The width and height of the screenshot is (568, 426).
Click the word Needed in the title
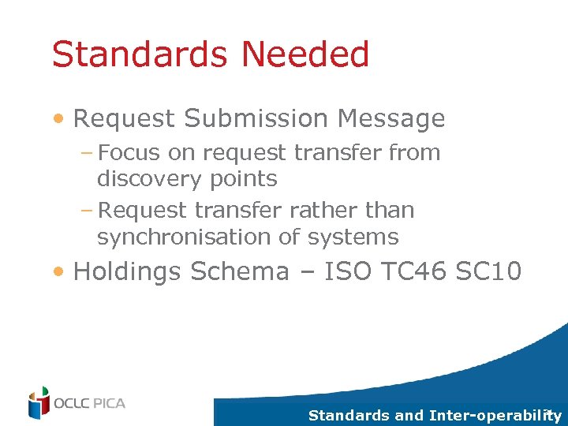[x=305, y=55]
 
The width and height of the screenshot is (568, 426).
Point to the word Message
[x=391, y=119]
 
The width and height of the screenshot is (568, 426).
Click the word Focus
[x=129, y=153]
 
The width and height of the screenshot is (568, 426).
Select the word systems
[x=354, y=237]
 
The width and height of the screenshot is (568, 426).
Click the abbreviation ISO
[x=346, y=272]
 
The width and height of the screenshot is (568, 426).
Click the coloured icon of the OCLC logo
[x=39, y=403]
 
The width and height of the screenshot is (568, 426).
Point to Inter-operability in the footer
[x=495, y=416]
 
